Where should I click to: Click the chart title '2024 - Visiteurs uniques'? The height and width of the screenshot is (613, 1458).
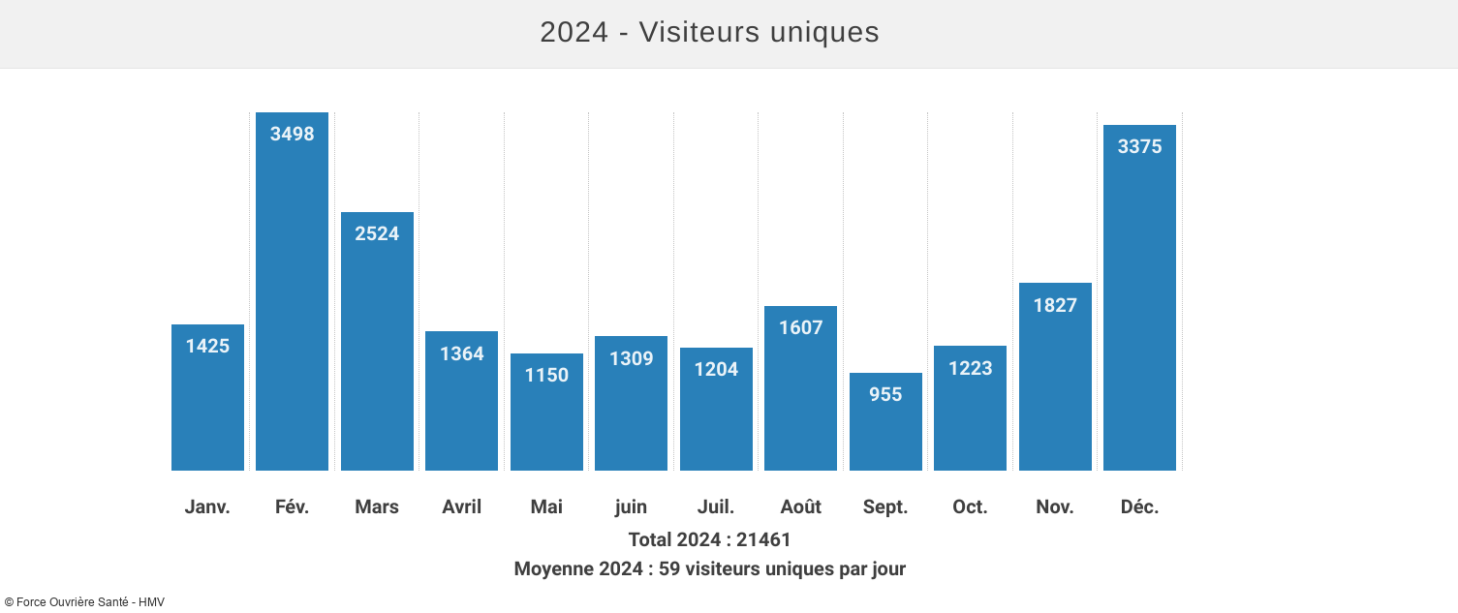tap(709, 32)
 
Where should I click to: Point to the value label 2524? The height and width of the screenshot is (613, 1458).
tap(377, 233)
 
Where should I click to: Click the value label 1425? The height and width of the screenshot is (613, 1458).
tap(207, 346)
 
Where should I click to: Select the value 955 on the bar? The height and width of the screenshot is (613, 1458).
tap(885, 394)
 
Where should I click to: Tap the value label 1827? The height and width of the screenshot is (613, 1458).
tap(1055, 305)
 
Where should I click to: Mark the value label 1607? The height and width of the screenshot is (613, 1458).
tap(800, 327)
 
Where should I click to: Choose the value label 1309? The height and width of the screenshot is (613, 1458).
tap(631, 358)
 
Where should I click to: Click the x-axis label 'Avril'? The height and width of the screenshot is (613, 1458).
tap(461, 506)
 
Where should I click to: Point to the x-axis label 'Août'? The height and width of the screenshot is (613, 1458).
tap(800, 506)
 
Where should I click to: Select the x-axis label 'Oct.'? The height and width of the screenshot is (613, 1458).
tap(970, 506)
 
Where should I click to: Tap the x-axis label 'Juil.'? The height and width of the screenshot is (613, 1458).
tap(716, 506)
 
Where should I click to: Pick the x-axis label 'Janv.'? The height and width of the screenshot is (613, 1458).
tap(207, 506)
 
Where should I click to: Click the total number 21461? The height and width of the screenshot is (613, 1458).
tap(763, 539)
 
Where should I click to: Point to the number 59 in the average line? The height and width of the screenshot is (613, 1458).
tap(668, 568)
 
